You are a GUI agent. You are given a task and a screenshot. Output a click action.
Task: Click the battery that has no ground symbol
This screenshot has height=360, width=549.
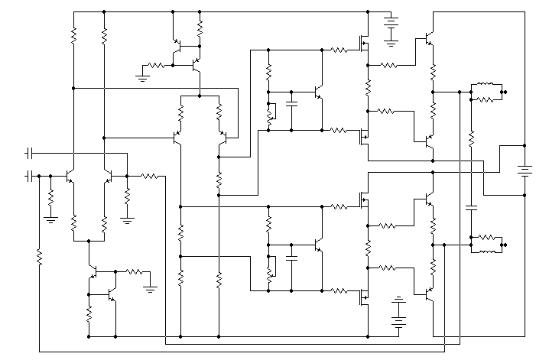(x=525, y=170)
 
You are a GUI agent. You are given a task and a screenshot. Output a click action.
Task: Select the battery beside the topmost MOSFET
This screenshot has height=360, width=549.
(x=391, y=31)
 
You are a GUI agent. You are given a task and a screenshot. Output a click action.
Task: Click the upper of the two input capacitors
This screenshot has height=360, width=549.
(x=31, y=152)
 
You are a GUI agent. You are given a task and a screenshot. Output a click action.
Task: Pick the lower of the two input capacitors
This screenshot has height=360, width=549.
(x=31, y=177)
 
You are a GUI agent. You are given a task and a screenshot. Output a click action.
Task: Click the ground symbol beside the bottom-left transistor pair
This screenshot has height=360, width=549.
(x=151, y=287)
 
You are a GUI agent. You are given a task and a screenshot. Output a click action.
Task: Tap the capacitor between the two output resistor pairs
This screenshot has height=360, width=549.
(x=471, y=206)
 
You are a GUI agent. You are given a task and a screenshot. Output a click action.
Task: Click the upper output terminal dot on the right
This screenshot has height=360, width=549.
(x=505, y=92)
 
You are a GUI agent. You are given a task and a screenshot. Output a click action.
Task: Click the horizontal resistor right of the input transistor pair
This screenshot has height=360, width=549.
(x=150, y=176)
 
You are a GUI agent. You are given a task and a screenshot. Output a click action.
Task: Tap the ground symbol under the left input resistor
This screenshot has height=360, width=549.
(x=50, y=219)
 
